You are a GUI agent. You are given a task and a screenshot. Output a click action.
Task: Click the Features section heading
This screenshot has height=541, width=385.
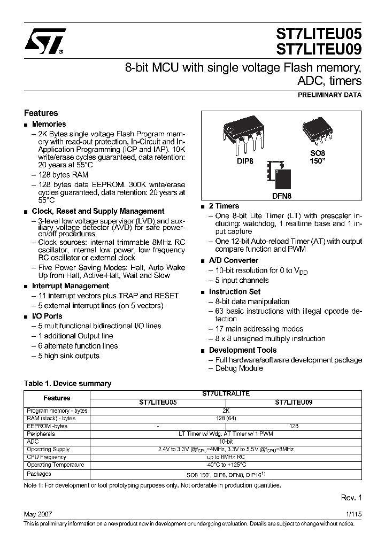click(41, 113)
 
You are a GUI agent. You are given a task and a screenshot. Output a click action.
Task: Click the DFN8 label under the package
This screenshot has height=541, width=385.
click(281, 196)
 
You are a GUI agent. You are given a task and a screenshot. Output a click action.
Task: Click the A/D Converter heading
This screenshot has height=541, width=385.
click(233, 260)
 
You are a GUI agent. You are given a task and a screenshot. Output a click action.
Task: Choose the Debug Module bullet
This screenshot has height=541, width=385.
click(239, 368)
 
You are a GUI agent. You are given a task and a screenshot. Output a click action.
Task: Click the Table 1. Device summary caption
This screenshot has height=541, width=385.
click(68, 383)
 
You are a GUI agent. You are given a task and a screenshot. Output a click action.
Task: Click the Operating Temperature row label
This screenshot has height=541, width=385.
click(56, 465)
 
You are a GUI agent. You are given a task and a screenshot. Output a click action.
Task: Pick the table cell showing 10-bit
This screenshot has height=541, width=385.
click(226, 442)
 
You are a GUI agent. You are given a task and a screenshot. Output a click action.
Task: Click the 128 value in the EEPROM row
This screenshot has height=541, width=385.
click(294, 426)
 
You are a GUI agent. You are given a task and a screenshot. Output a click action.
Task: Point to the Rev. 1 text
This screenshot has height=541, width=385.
click(351, 498)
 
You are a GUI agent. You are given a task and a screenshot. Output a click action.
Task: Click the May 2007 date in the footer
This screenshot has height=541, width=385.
click(38, 514)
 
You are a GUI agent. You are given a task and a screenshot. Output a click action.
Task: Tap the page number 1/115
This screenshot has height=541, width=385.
click(353, 514)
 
